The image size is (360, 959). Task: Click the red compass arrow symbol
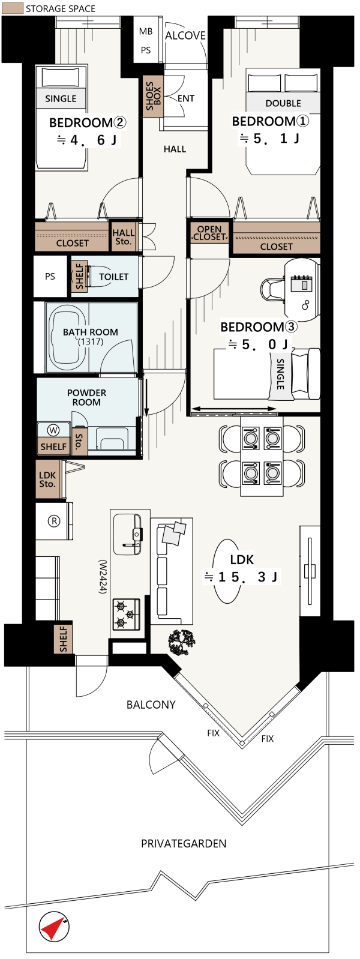pos(53,926)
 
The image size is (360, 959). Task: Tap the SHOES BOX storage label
pos(153,97)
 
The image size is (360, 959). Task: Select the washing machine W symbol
pos(53,430)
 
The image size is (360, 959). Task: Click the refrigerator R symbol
pos(54,521)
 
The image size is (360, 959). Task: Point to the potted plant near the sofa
pos(182,642)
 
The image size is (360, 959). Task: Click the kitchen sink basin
pos(127,535)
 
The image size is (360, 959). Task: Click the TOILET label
pos(113,277)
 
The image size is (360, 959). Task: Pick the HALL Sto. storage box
pos(123,236)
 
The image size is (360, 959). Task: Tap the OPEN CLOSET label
pos(209,233)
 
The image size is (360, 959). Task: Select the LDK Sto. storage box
pos(49,479)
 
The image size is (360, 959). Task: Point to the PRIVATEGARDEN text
pos(184,843)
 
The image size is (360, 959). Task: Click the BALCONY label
pos(151,705)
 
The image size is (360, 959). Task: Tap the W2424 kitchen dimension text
pos(102,576)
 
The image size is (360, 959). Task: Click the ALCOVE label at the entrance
pos(185,35)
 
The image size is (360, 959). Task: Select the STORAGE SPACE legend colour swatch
pos(12,8)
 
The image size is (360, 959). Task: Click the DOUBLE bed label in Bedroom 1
pos(283,103)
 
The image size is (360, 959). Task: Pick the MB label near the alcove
pos(146,31)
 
